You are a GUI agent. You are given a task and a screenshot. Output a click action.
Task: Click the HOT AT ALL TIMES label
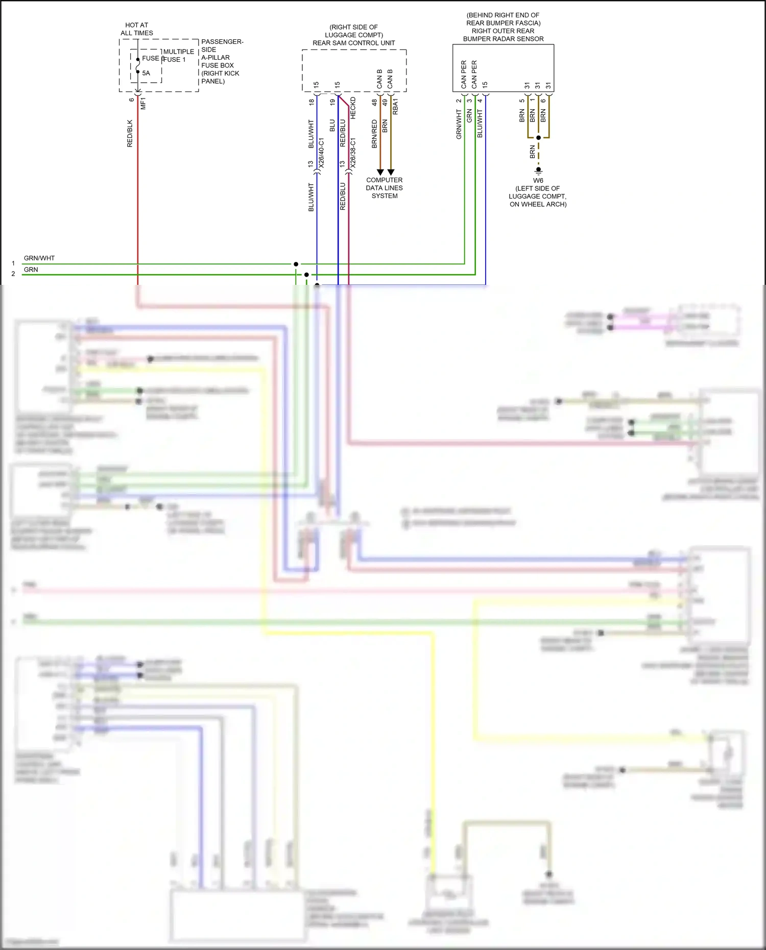pos(137,29)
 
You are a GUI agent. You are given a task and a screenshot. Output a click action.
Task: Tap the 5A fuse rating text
pos(146,73)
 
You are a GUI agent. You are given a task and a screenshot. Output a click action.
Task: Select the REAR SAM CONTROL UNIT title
pos(353,43)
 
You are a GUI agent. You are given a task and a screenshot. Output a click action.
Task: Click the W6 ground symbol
pos(538,170)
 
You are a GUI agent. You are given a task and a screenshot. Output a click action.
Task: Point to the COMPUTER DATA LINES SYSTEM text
pos(384,188)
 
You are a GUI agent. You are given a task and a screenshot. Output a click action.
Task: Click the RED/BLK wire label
pos(130,134)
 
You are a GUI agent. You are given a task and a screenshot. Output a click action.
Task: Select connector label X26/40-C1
pos(321,153)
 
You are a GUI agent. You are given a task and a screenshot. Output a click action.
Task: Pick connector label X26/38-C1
pos(353,153)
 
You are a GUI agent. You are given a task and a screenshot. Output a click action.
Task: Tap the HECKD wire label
pos(353,108)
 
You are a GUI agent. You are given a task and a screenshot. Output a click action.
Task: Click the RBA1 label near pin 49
pos(395,107)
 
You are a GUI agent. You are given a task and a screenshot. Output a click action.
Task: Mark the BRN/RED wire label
pos(374,134)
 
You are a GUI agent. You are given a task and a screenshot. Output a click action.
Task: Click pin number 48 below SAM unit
pos(374,102)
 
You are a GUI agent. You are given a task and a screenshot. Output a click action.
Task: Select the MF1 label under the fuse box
pos(143,103)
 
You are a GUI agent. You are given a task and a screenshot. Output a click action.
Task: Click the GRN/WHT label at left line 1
pos(39,258)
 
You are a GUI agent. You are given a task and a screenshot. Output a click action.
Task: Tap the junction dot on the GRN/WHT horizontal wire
pos(296,264)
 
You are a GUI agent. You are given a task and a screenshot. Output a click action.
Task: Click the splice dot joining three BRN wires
pos(538,137)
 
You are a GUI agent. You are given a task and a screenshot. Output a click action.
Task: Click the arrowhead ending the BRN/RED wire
pos(380,172)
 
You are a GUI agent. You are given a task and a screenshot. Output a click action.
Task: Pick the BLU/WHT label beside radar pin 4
pos(480,124)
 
